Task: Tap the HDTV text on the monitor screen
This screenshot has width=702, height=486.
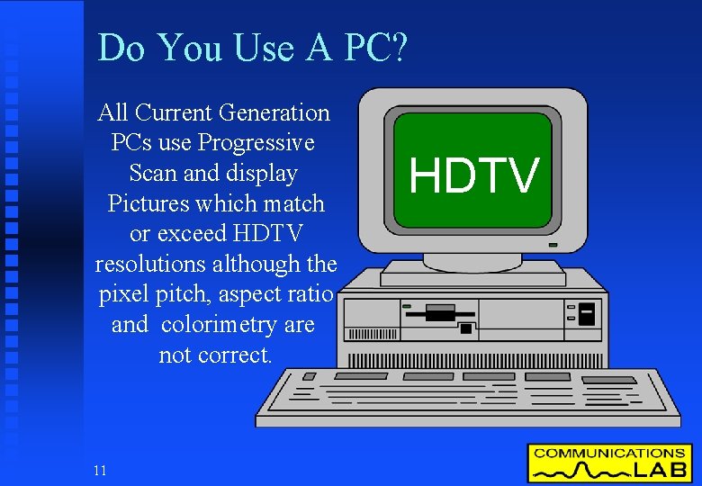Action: [473, 175]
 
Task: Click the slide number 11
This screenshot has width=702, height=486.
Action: [99, 470]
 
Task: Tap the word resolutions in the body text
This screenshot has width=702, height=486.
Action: [152, 265]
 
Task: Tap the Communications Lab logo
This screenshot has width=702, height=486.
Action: [609, 463]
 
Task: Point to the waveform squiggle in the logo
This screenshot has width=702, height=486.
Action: [577, 471]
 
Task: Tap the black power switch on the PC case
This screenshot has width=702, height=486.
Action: [587, 314]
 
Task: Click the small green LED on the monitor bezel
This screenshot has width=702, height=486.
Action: [552, 244]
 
